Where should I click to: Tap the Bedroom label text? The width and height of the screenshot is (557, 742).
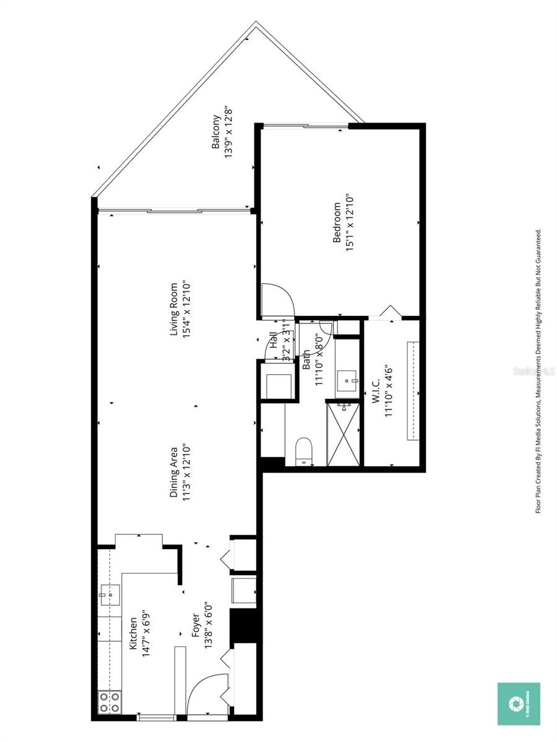[x=337, y=222]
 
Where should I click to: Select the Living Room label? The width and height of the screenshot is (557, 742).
[x=175, y=309]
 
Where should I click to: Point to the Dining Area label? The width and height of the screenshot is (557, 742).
[x=175, y=473]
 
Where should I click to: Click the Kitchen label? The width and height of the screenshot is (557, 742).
[x=132, y=633]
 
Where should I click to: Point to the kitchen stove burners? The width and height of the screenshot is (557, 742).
[x=110, y=702]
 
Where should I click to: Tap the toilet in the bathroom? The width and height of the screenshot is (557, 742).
[x=304, y=450]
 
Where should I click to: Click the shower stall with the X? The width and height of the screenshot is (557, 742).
[x=343, y=433]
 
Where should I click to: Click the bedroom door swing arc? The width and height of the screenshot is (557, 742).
[x=277, y=301]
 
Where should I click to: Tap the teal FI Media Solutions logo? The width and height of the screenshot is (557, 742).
[x=519, y=704]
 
